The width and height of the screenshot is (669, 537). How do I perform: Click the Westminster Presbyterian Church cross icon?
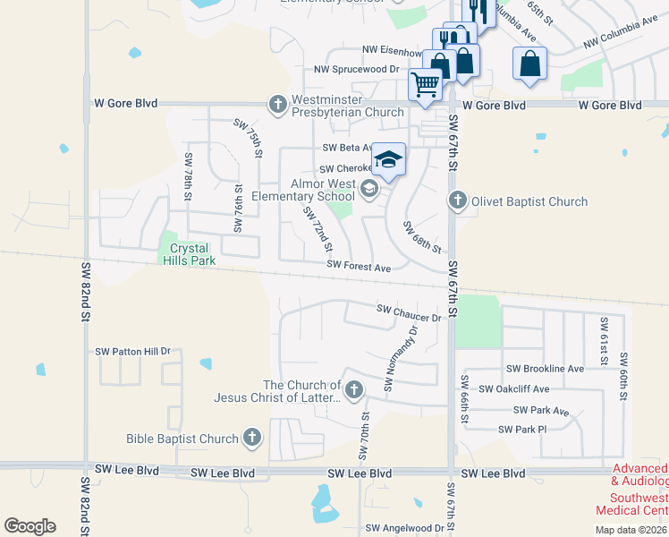[278, 105]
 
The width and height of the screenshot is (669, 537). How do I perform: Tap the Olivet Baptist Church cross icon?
[458, 200]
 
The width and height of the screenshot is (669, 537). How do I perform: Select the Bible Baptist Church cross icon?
[252, 438]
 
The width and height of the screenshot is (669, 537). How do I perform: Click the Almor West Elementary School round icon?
[368, 189]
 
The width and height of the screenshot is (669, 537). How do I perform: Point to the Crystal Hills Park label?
[183, 254]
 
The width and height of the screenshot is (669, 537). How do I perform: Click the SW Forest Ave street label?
[359, 267]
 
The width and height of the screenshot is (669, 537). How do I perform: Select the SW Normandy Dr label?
[402, 358]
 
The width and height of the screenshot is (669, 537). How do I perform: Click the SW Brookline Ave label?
[545, 368]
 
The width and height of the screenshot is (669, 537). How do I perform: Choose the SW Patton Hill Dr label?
[132, 352]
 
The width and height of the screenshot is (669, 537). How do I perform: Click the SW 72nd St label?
[318, 229]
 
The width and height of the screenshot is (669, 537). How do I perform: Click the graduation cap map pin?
[388, 159]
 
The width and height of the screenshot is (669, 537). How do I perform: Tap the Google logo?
[30, 525]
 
